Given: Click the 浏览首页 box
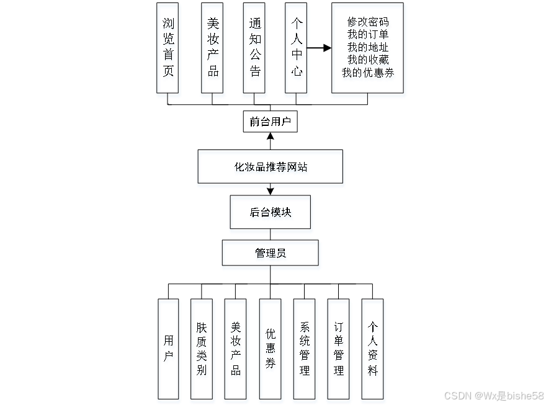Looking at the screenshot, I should [168, 50].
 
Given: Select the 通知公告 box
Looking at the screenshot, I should [254, 50].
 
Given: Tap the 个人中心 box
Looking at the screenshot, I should [297, 50].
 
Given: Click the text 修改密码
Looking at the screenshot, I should [369, 22].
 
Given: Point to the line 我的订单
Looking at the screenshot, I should [369, 34].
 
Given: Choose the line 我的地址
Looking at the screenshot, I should [369, 47].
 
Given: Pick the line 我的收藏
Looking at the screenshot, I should [369, 60].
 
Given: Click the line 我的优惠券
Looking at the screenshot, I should [369, 73].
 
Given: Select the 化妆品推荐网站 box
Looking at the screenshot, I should [271, 168].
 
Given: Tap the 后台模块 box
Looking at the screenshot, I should [271, 214].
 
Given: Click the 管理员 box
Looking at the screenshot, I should [271, 254].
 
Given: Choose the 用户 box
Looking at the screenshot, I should [169, 350].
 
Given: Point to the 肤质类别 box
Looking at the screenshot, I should [202, 350].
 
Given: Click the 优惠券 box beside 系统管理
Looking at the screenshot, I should [270, 350].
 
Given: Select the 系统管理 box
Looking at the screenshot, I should [305, 350].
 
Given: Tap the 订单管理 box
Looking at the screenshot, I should [339, 350].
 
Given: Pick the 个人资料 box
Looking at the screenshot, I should [373, 350].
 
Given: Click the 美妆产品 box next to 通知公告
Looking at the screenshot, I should [213, 50].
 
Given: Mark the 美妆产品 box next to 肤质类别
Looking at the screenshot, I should [236, 350].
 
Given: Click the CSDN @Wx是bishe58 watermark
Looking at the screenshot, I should [493, 395].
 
